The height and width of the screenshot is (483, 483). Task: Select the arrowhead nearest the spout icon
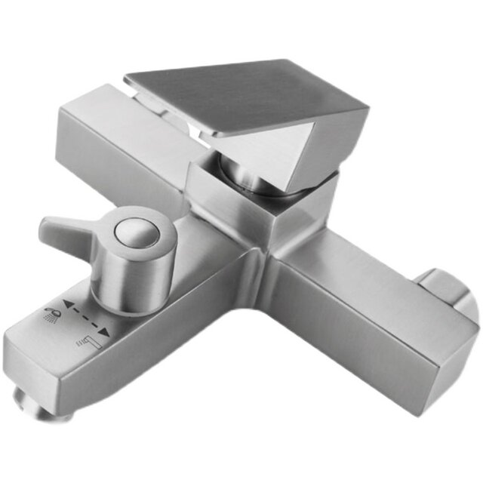(108, 331)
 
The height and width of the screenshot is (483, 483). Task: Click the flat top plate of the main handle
(234, 94)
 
